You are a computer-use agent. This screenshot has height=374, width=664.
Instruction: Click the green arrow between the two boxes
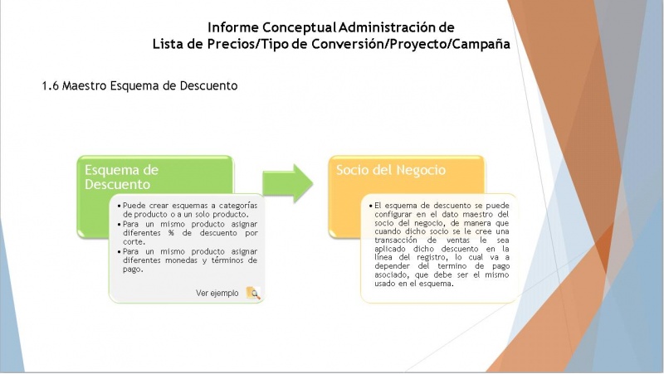pos(288,183)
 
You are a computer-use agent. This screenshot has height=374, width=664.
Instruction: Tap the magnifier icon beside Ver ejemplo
pos(253,293)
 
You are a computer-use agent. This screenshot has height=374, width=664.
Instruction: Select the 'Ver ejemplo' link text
pos(217,294)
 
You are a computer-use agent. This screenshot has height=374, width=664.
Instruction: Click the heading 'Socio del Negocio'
pos(391,170)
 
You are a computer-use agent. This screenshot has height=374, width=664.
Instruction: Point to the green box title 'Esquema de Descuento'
pos(121,177)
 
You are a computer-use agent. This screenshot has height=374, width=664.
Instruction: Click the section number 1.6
pos(51,86)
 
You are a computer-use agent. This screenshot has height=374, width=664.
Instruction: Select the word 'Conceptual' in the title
pos(299,27)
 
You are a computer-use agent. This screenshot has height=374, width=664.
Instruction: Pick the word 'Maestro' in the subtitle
pos(85,86)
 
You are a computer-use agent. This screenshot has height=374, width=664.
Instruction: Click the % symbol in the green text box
pos(171,233)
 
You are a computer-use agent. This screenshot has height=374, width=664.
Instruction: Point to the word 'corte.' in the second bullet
pos(134,242)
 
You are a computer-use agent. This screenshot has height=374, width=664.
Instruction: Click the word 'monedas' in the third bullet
pos(181,260)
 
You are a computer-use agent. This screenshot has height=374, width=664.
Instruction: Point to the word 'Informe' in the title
pos(233,27)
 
